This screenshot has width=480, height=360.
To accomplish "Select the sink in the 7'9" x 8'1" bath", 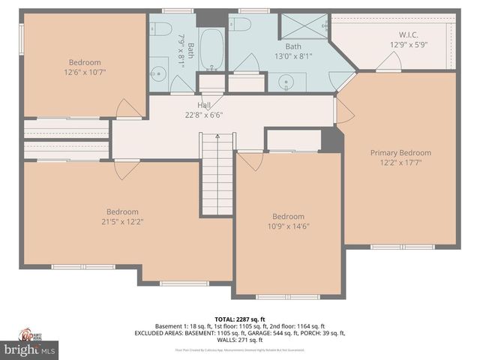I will point(157,73).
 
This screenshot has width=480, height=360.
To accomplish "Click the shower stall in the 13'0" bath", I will point(301,27).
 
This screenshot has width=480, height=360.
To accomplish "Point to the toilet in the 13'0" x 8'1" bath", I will point(240,25).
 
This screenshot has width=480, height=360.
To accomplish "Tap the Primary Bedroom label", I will point(400,153).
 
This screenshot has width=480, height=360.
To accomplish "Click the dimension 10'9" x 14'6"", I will point(288,226).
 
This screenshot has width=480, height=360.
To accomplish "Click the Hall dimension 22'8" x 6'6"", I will point(204,115).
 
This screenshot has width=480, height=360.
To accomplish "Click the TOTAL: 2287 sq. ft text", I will point(240,319).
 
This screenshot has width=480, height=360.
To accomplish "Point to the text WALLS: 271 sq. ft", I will point(240,340).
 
